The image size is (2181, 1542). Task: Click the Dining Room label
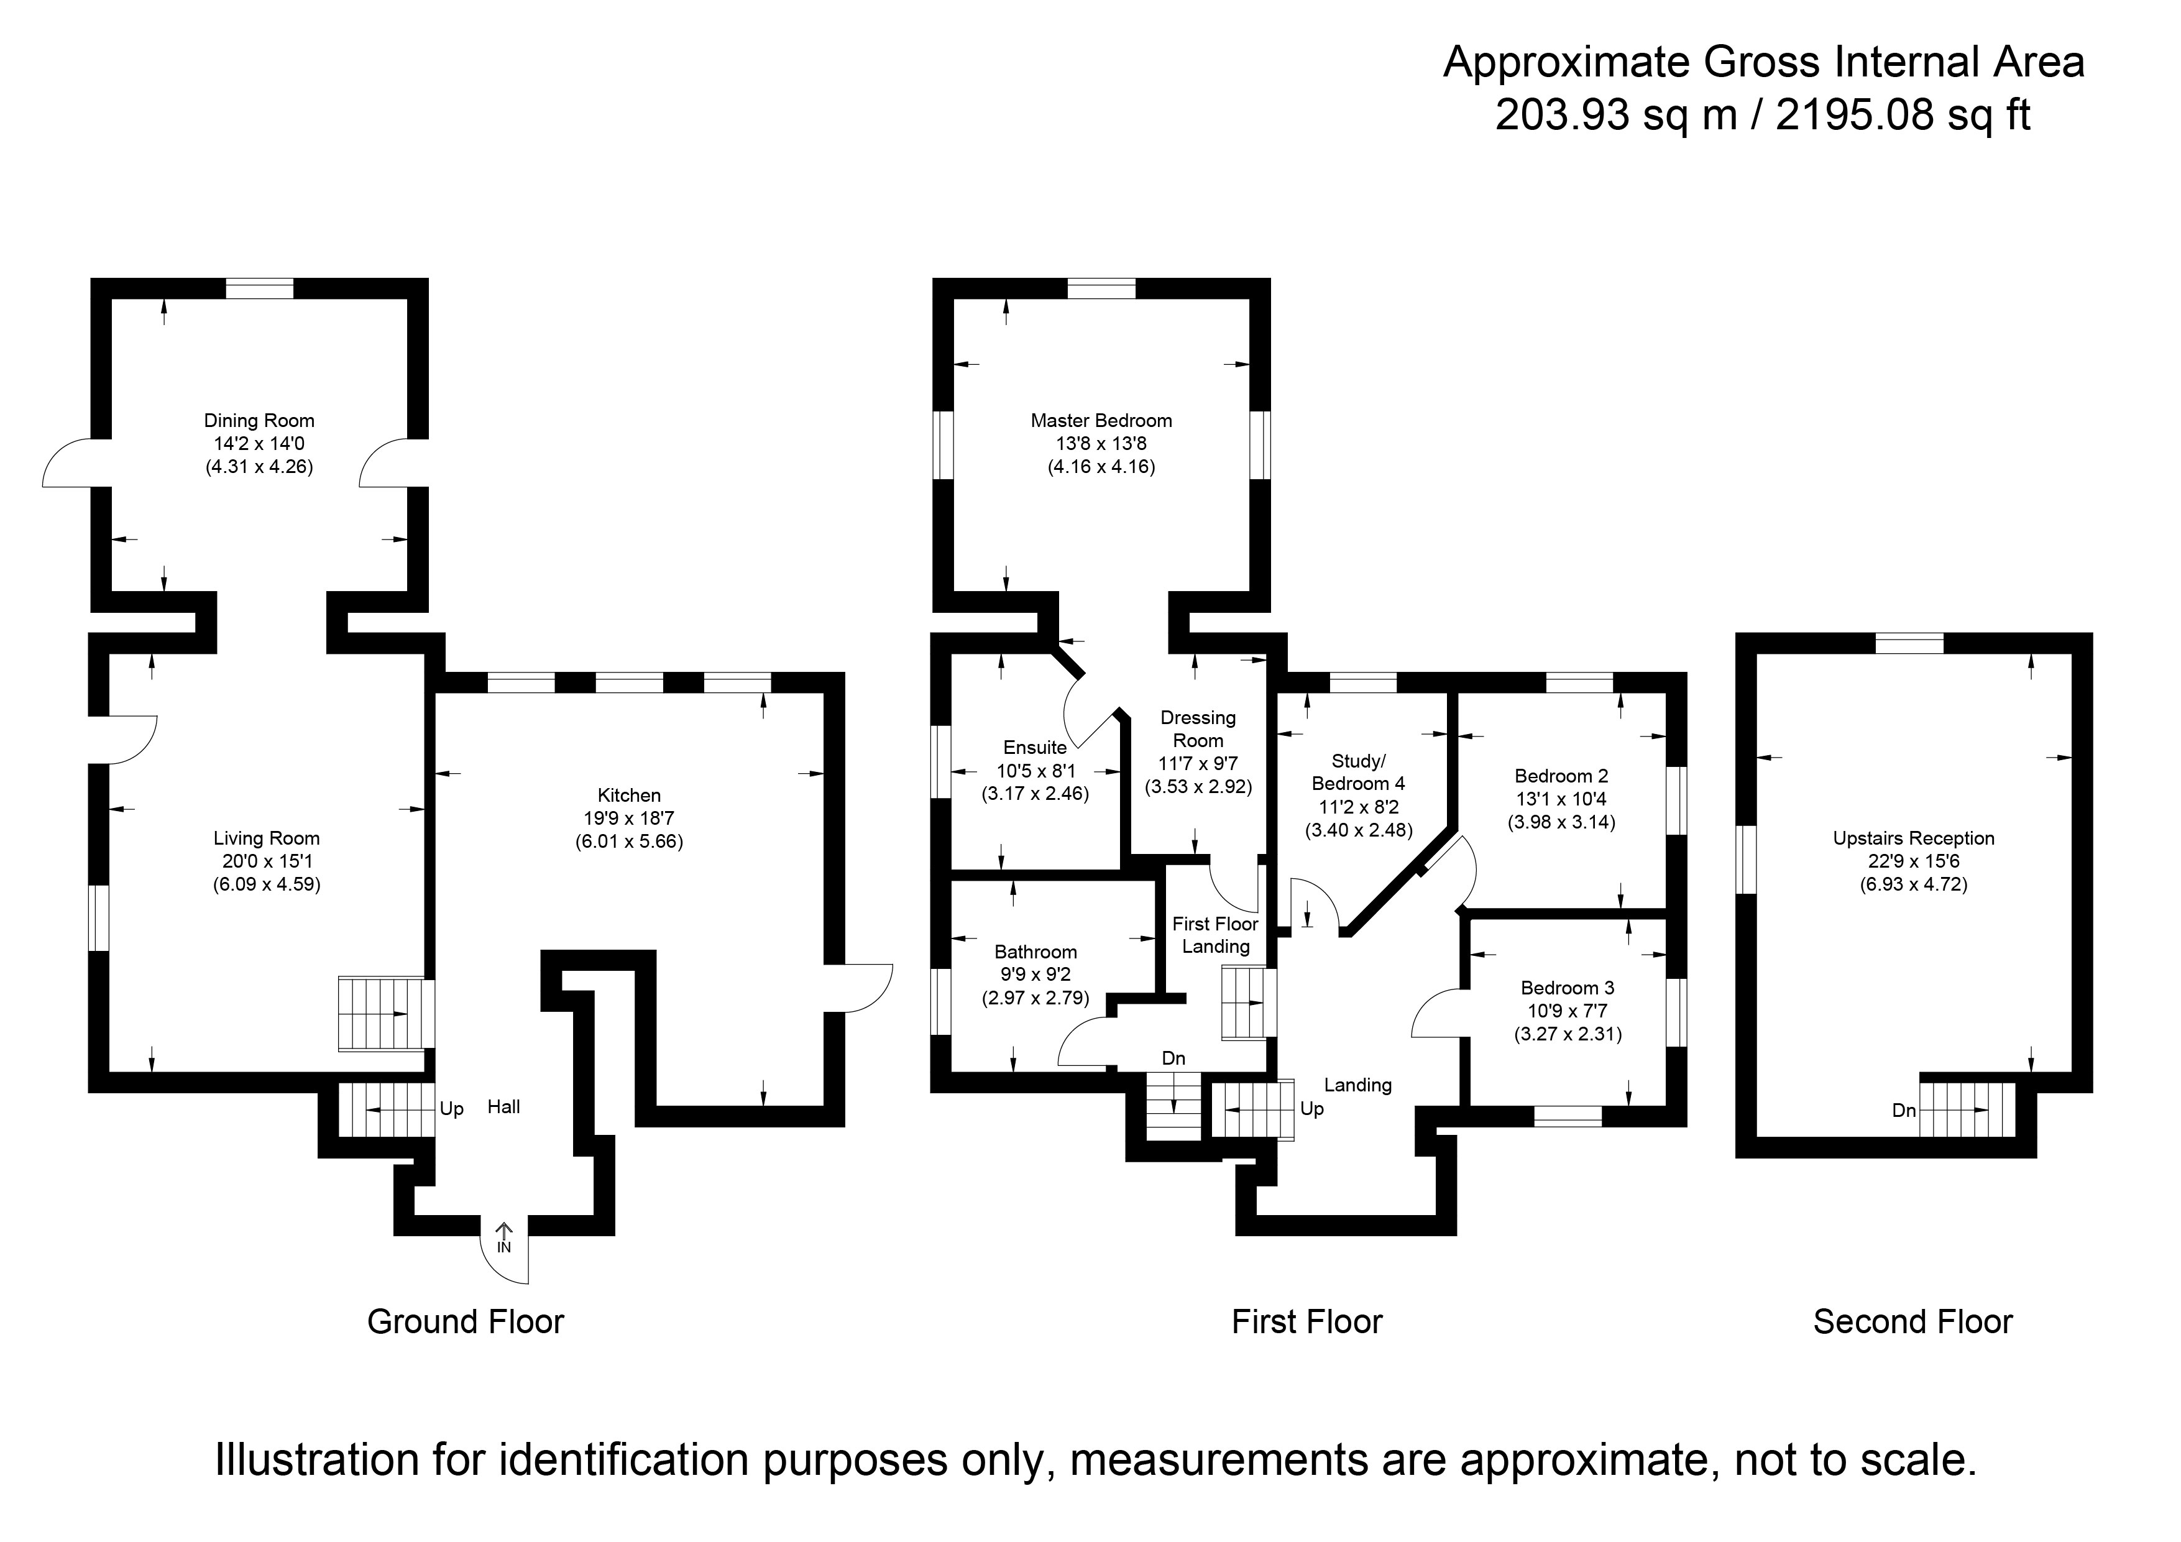click(259, 421)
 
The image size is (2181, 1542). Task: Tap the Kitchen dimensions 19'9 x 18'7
click(629, 818)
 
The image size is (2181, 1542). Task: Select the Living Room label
click(266, 838)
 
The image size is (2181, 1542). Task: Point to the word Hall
click(503, 1107)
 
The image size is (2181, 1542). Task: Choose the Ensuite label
click(1034, 748)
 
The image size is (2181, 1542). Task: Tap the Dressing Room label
click(1198, 728)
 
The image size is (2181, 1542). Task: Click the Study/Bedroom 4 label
click(1357, 773)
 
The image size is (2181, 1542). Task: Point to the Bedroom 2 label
click(1561, 776)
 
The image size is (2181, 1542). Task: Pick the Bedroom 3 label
click(1568, 988)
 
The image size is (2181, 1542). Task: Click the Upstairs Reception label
click(1913, 838)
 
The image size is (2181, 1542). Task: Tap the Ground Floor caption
click(466, 1321)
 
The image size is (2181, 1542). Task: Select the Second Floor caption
click(1912, 1321)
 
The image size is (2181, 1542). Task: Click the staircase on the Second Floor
click(1967, 1109)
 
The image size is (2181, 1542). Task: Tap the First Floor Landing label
click(1215, 935)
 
